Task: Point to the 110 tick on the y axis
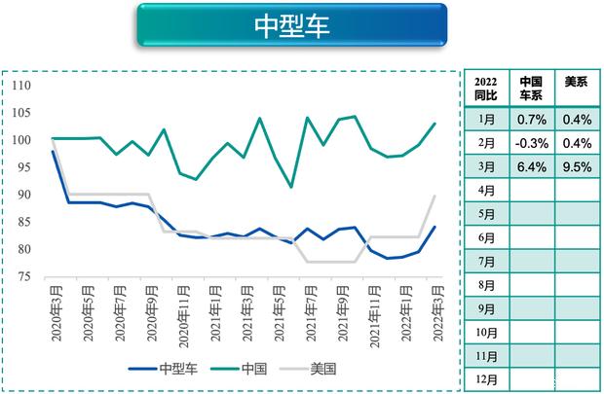click(x=21, y=86)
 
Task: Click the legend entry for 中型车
click(x=166, y=369)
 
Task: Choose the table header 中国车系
click(x=531, y=89)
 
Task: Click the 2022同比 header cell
click(x=485, y=89)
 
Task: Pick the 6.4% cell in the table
click(x=531, y=166)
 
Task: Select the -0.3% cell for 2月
click(x=531, y=143)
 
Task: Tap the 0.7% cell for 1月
click(x=531, y=120)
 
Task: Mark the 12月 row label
click(x=485, y=379)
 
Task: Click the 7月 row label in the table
click(x=485, y=262)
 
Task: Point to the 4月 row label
click(x=485, y=191)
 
